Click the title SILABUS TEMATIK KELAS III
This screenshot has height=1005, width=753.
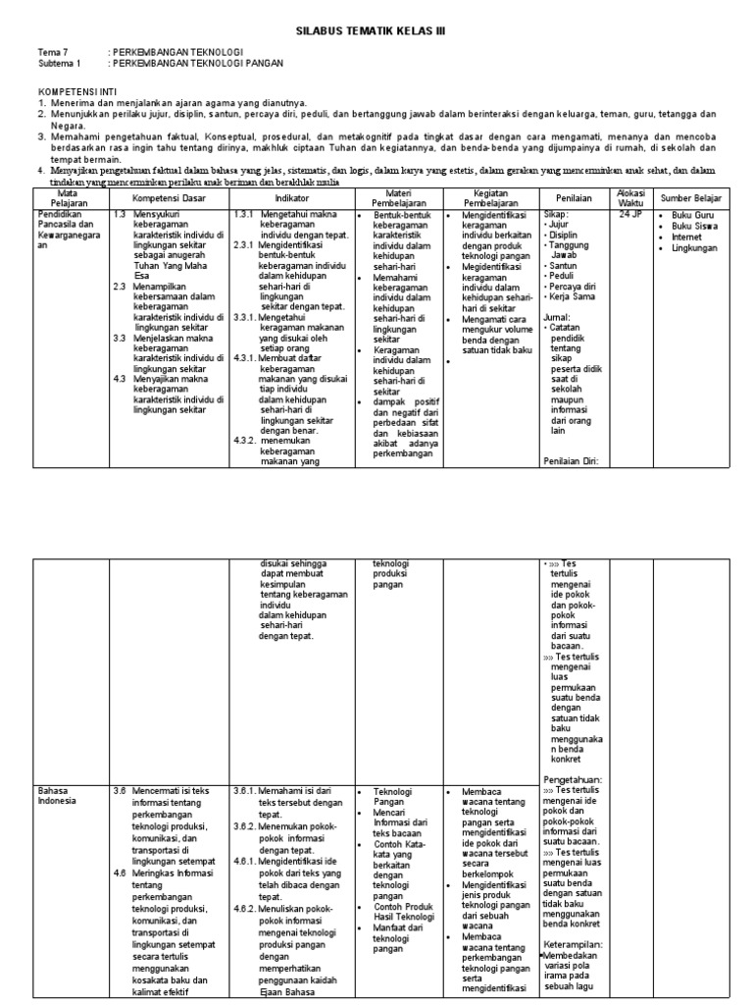click(x=371, y=30)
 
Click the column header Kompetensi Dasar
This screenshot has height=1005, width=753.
click(x=168, y=198)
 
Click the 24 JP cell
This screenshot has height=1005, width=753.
click(x=629, y=213)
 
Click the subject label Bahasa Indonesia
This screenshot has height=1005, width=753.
click(x=57, y=795)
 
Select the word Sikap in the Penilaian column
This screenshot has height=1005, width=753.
click(x=557, y=213)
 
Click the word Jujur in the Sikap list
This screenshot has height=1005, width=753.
click(x=562, y=225)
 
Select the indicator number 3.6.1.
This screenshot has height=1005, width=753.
click(x=245, y=790)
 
